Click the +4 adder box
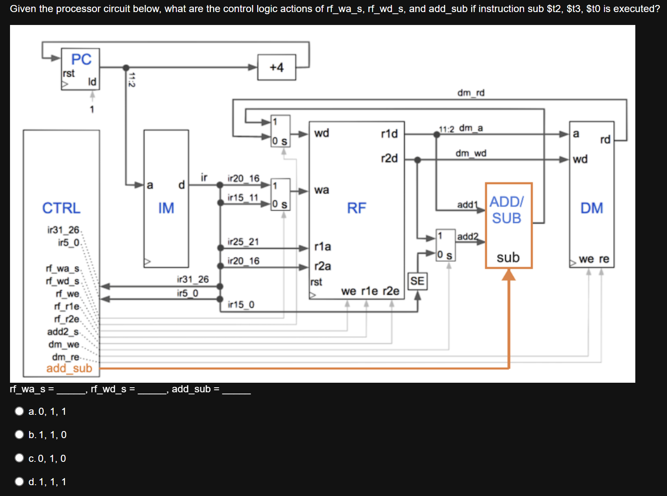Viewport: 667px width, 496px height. [276, 67]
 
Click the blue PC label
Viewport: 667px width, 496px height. [81, 59]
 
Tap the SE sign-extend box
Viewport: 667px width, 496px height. [417, 281]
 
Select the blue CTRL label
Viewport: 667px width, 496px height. [61, 208]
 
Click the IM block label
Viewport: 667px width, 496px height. [166, 208]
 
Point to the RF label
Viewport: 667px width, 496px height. [356, 208]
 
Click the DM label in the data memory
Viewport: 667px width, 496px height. [592, 208]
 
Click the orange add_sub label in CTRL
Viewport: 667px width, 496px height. [69, 368]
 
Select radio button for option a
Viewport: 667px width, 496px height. [19, 411]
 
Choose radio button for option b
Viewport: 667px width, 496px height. [19, 435]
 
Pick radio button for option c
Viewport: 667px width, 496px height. [19, 458]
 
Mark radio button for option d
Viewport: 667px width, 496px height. [19, 482]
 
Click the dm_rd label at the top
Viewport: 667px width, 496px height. [471, 93]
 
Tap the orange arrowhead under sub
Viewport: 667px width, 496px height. [509, 275]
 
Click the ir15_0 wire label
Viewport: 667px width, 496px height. [241, 305]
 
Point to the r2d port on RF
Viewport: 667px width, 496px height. [389, 158]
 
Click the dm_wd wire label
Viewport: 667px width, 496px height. [471, 153]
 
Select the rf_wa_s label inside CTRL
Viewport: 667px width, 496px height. [63, 268]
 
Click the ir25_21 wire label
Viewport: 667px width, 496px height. [243, 242]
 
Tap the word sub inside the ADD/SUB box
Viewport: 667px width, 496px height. [508, 257]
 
